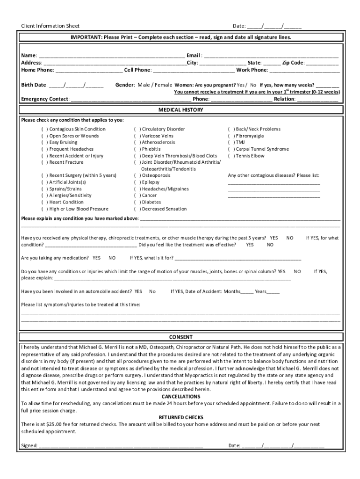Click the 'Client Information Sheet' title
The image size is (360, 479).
click(x=50, y=26)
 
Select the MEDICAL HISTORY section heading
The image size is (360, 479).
click(x=180, y=109)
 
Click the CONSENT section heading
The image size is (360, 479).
click(x=180, y=337)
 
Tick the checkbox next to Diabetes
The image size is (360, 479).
click(x=137, y=202)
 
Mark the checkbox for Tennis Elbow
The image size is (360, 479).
click(x=231, y=156)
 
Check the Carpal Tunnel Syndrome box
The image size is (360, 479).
click(x=231, y=149)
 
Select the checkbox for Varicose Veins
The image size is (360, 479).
click(x=137, y=136)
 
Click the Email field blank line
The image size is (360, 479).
click(x=271, y=56)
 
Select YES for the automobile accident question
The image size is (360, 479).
click(x=138, y=291)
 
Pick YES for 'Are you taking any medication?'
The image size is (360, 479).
click(x=96, y=258)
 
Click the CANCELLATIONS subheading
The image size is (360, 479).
click(x=180, y=396)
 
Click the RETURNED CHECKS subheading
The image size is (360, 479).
click(x=180, y=417)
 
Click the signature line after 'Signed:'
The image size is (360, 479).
click(x=121, y=446)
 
